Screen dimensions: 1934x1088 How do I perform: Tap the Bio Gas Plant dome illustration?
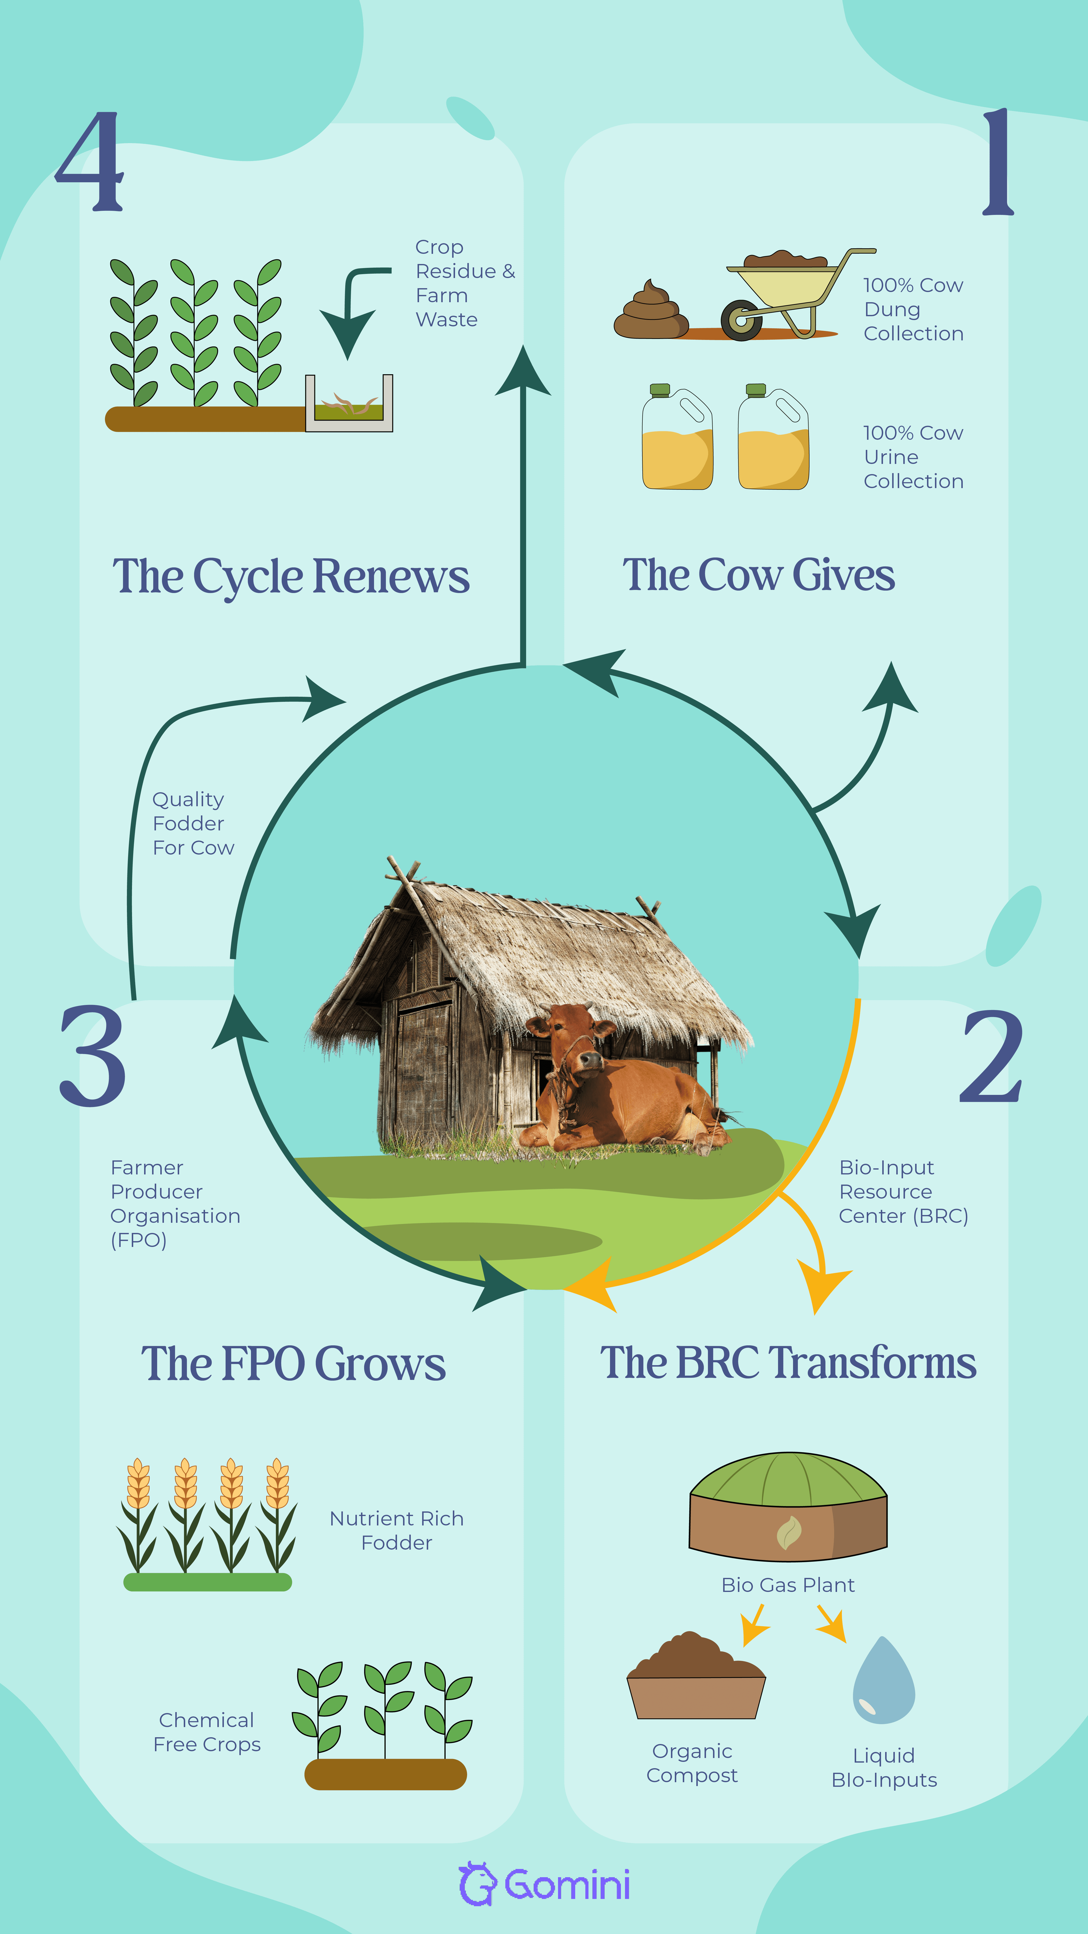click(788, 1505)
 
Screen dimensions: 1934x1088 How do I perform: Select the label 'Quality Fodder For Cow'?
click(193, 824)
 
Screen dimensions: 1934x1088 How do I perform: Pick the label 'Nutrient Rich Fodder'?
click(397, 1530)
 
